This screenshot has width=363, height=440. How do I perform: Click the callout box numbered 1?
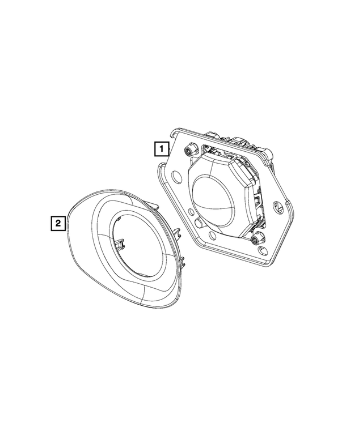click(x=162, y=149)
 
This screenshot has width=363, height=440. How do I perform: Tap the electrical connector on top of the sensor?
click(x=238, y=143)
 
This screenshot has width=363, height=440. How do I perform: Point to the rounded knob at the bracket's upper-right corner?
click(x=269, y=154)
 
